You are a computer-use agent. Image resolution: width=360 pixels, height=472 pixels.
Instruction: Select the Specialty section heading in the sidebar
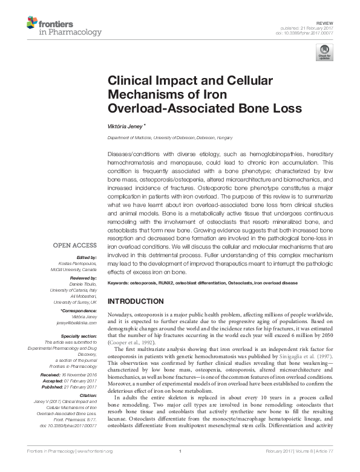pos(79,335)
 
